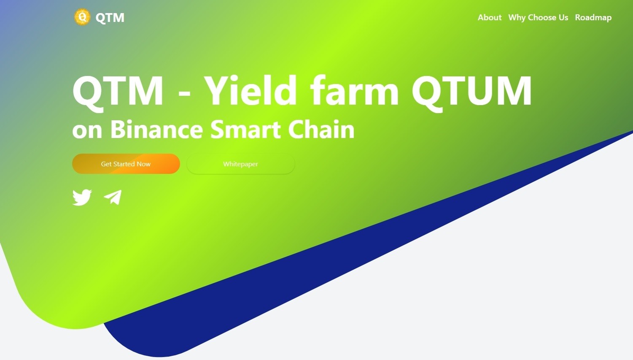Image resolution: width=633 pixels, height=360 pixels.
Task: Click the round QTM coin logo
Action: pos(82,17)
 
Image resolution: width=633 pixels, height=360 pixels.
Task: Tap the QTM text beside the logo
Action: pos(110,18)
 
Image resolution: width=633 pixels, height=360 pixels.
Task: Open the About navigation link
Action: pos(490,18)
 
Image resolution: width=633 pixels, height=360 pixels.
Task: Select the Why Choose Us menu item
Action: pos(538,18)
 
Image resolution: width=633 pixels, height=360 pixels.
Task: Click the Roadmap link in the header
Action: pos(593,18)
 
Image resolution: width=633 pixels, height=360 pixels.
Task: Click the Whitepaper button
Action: pos(240,164)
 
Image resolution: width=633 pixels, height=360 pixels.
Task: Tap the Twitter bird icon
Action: pos(82,197)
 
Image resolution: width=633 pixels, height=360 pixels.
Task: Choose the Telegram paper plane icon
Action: pos(113,197)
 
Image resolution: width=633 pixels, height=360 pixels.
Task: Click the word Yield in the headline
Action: pos(251,90)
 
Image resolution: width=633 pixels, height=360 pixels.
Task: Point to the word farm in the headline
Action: pos(354,90)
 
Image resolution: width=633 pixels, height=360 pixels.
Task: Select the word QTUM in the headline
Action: pos(471,92)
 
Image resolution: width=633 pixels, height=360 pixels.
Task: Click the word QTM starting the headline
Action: pos(118,92)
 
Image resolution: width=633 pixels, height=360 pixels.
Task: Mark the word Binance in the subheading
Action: pos(156,129)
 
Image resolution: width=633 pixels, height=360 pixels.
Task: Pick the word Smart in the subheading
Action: pos(245,129)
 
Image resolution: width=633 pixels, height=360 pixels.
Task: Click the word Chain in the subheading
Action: pos(321,129)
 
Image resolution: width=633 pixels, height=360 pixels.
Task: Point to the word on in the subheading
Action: pos(87,131)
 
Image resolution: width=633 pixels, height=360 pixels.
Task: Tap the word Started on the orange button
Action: pos(124,164)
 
